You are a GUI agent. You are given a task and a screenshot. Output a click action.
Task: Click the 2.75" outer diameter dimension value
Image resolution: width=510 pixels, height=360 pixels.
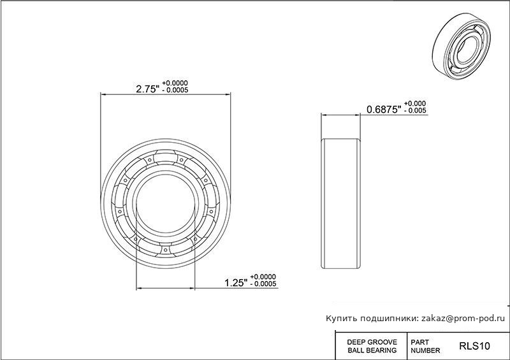(x=148, y=89)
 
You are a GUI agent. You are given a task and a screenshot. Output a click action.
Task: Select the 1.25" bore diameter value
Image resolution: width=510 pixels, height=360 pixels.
(x=236, y=283)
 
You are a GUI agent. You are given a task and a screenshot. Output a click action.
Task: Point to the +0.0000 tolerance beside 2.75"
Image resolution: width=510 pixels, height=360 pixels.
(x=175, y=83)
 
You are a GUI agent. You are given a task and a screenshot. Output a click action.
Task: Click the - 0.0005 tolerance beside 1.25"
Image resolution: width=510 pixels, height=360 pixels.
(x=263, y=284)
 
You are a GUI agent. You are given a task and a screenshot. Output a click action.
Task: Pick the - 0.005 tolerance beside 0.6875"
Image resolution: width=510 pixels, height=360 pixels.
(x=415, y=111)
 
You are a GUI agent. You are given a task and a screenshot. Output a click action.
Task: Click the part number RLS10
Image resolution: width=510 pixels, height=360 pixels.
(x=474, y=346)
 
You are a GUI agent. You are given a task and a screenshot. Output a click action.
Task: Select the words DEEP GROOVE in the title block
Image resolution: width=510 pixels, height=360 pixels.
(x=372, y=342)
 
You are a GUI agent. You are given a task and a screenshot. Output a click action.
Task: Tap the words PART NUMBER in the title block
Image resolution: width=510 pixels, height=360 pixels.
(x=425, y=347)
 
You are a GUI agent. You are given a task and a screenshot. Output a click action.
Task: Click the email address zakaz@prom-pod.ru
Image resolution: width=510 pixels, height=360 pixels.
(x=463, y=319)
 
